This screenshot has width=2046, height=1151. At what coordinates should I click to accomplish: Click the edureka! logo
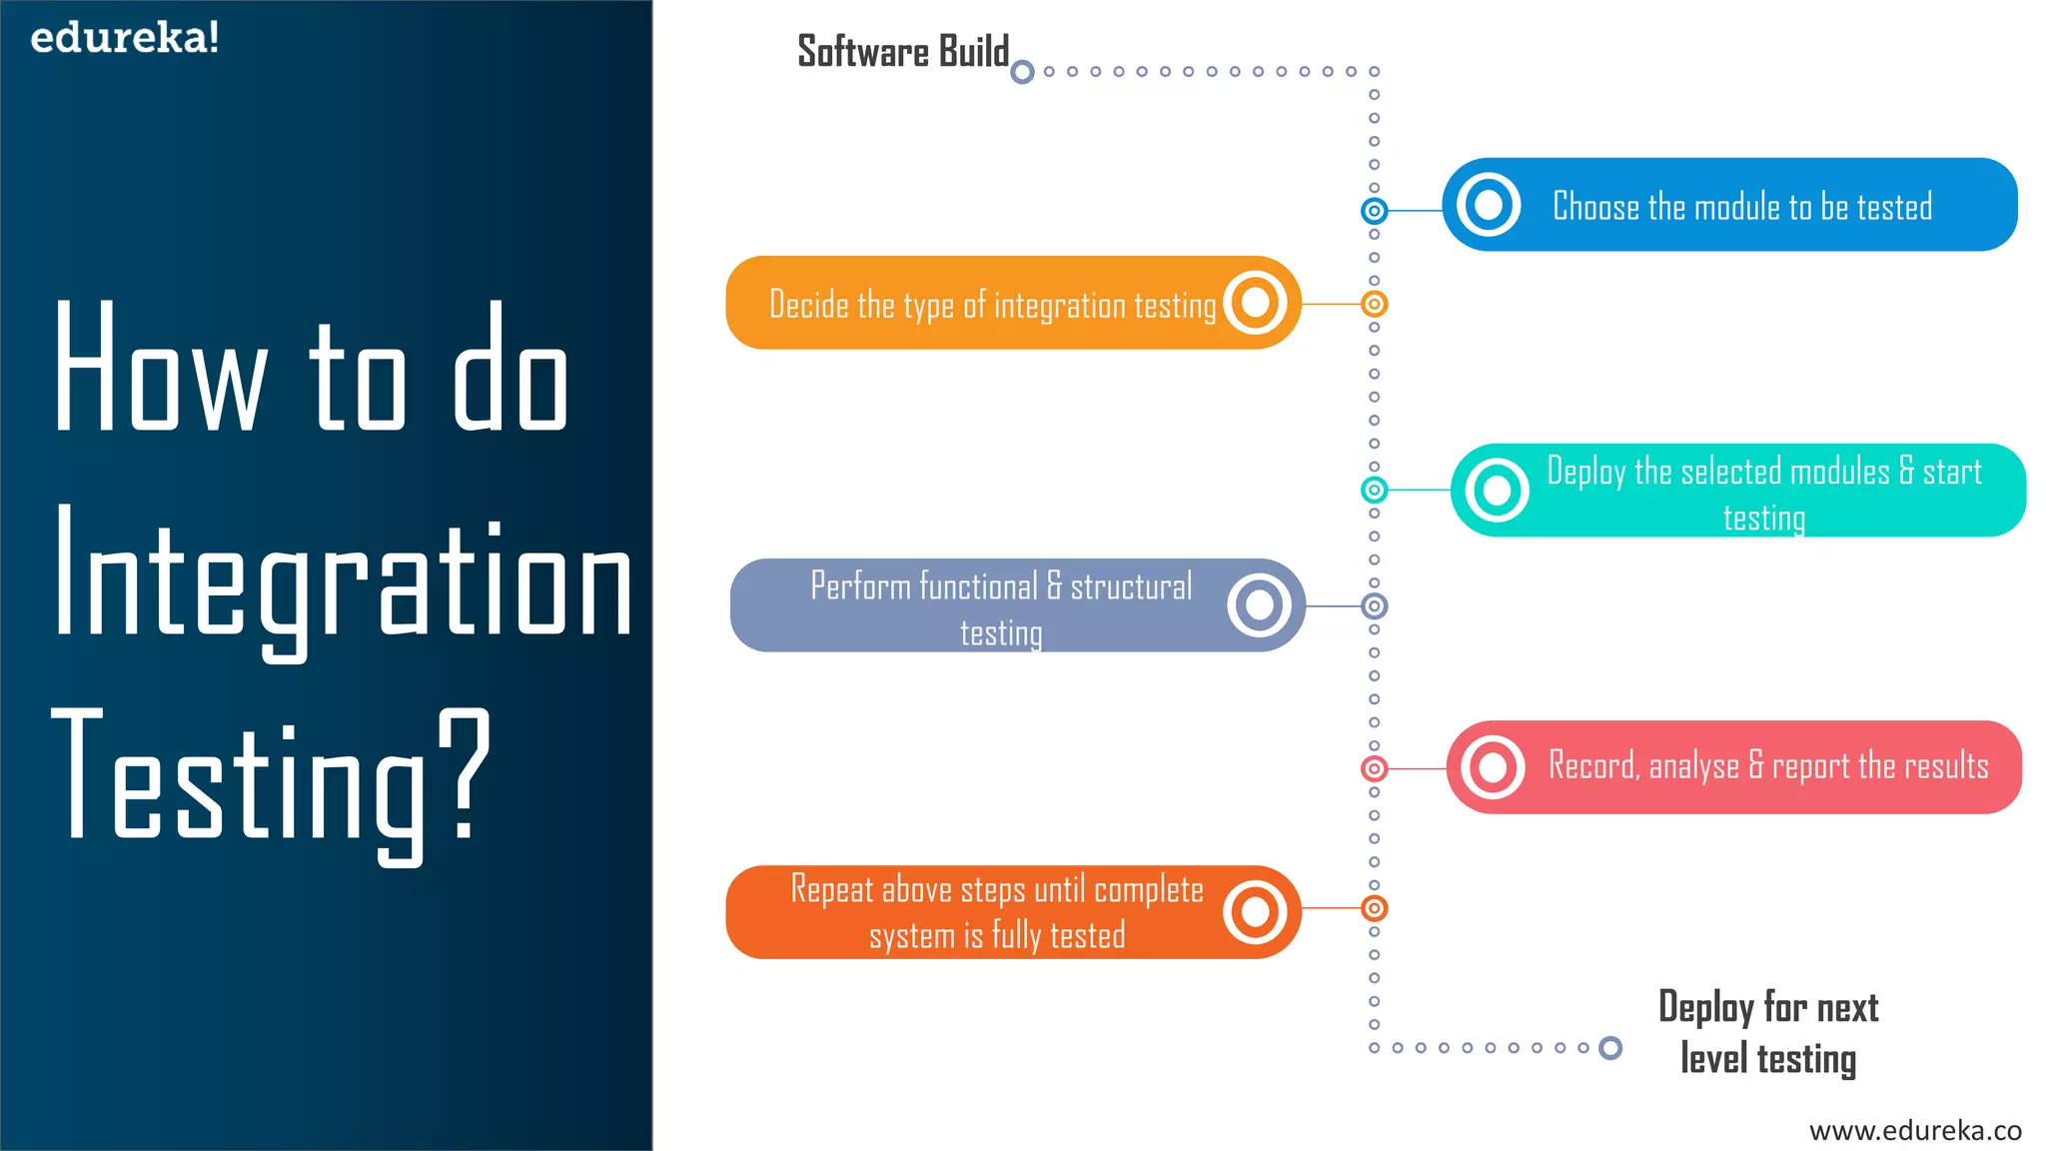(x=125, y=38)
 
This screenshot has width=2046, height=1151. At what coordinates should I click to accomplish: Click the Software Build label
(x=902, y=52)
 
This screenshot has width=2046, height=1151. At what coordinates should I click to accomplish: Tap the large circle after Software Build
(x=1022, y=72)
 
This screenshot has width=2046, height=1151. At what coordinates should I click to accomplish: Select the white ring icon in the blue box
(x=1489, y=205)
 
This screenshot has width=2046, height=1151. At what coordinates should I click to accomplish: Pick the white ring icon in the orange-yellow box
(x=1255, y=302)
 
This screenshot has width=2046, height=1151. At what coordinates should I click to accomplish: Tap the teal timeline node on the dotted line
(x=1375, y=490)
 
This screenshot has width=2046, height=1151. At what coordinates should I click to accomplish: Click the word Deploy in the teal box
(x=1585, y=472)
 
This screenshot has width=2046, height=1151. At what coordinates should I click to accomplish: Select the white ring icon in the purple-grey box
(x=1260, y=604)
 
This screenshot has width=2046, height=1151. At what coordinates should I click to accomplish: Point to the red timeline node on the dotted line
(x=1375, y=768)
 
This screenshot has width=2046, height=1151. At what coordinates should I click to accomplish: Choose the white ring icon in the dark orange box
(x=1255, y=911)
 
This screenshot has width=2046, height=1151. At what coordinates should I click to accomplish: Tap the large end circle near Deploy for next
(x=1610, y=1047)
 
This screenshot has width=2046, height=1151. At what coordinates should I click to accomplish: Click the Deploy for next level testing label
(x=1768, y=1033)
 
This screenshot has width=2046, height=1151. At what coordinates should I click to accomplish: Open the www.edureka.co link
(x=1915, y=1130)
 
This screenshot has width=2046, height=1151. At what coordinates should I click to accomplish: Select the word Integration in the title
(x=343, y=579)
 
